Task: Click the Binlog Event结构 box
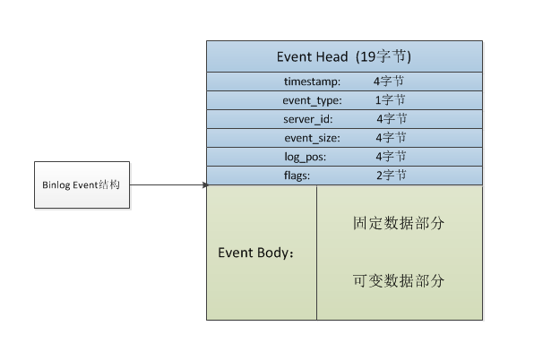(x=82, y=185)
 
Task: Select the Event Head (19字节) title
(x=343, y=56)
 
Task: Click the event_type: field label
(x=312, y=100)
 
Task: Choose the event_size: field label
(x=312, y=138)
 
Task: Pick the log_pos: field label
(x=305, y=157)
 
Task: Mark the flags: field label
(x=297, y=176)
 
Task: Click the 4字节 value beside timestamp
(x=390, y=81)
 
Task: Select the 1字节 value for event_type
(x=390, y=100)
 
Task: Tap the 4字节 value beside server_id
(x=392, y=119)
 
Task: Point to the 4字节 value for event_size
(x=391, y=138)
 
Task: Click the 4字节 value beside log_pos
(x=391, y=157)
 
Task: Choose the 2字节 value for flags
(x=391, y=176)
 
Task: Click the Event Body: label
(x=257, y=252)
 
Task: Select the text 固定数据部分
(x=399, y=223)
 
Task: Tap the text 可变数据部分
(x=399, y=281)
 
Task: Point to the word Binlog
(x=56, y=185)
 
